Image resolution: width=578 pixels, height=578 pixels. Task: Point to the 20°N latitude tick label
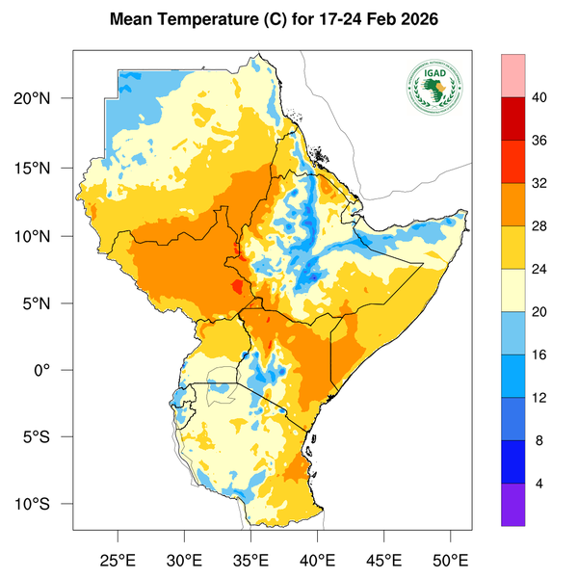[44, 99]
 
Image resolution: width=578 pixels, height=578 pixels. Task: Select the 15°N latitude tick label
[44, 168]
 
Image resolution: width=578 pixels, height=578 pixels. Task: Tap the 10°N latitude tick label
[44, 236]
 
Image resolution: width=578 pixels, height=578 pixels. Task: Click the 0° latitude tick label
[54, 371]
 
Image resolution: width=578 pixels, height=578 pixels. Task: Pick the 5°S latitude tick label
[47, 437]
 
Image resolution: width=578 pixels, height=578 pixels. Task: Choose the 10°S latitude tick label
[44, 505]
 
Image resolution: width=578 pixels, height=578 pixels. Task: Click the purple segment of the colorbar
[513, 504]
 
